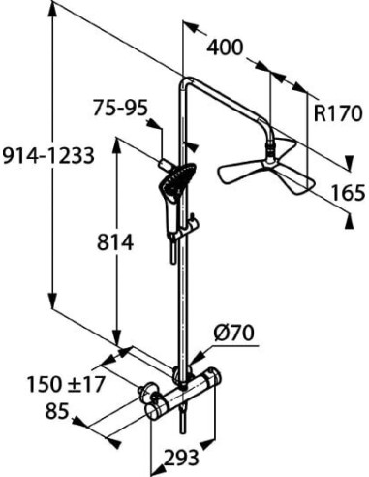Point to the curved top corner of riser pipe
[x=186, y=84]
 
